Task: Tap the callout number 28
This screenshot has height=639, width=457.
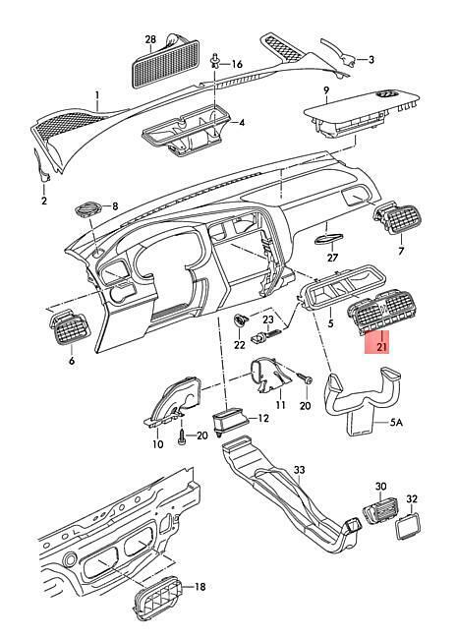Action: click(150, 39)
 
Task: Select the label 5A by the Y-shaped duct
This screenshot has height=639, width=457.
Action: click(396, 422)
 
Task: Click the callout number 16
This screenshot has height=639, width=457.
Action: click(237, 64)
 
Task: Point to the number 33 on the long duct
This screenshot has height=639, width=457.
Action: click(299, 470)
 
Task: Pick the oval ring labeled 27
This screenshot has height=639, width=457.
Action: click(329, 239)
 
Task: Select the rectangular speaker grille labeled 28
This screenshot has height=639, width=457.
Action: click(166, 63)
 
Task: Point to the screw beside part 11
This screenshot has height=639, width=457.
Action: click(305, 378)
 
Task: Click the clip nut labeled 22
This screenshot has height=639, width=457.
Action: click(240, 320)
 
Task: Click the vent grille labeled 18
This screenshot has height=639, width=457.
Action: click(157, 598)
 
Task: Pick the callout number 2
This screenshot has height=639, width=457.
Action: click(44, 201)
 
